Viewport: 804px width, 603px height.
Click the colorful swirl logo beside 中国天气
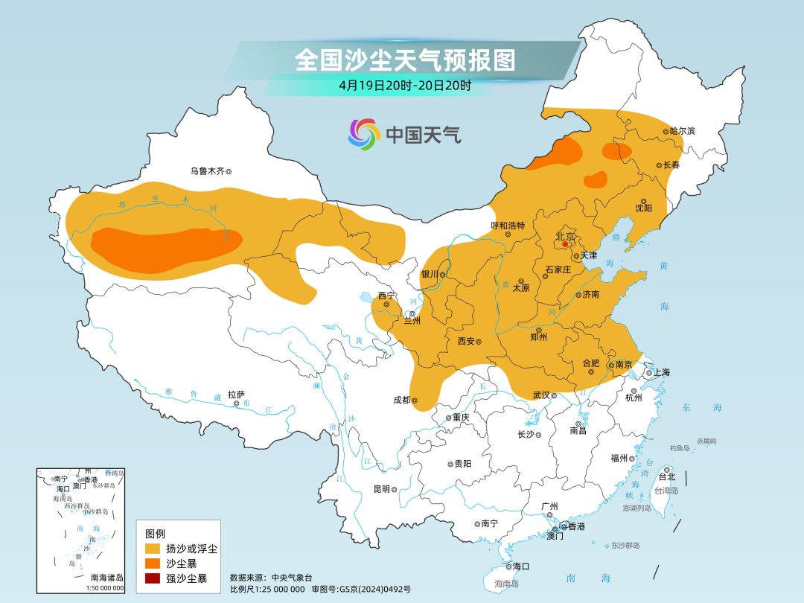pyautogui.click(x=364, y=134)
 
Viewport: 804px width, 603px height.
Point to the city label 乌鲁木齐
pyautogui.click(x=206, y=171)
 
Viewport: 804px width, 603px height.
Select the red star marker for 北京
pyautogui.click(x=565, y=244)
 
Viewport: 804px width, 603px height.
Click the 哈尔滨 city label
pyautogui.click(x=682, y=131)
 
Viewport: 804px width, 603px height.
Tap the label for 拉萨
pyautogui.click(x=236, y=395)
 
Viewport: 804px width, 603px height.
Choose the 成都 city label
pyautogui.click(x=401, y=400)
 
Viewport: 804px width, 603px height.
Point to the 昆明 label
pyautogui.click(x=381, y=489)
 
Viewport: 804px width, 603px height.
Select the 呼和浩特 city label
pyautogui.click(x=508, y=226)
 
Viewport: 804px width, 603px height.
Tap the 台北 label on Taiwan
pyautogui.click(x=667, y=476)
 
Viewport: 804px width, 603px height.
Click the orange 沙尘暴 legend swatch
pyautogui.click(x=153, y=564)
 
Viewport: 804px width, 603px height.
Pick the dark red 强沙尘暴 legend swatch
pyautogui.click(x=153, y=578)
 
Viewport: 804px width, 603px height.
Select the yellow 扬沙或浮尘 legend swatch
pyautogui.click(x=153, y=549)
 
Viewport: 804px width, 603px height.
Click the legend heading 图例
pyautogui.click(x=155, y=534)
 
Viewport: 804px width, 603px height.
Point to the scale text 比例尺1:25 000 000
pyautogui.click(x=267, y=589)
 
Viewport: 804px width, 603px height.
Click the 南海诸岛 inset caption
pyautogui.click(x=107, y=578)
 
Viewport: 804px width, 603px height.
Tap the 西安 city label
pyautogui.click(x=466, y=342)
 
